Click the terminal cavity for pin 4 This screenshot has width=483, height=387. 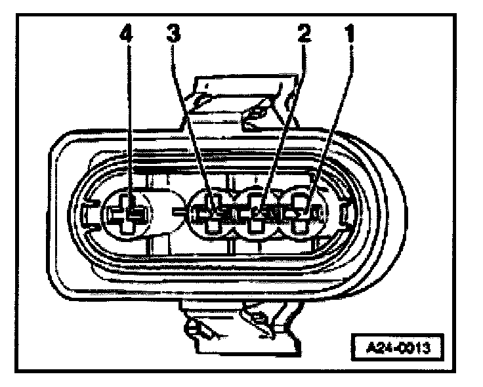(x=131, y=213)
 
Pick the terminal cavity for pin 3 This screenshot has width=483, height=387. (x=211, y=214)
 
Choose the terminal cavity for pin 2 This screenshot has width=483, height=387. (x=259, y=214)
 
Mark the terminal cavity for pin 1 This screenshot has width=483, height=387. (x=302, y=213)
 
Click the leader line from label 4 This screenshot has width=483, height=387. (x=129, y=118)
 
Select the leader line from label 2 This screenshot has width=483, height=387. (x=282, y=118)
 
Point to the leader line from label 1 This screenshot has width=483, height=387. (x=328, y=118)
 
